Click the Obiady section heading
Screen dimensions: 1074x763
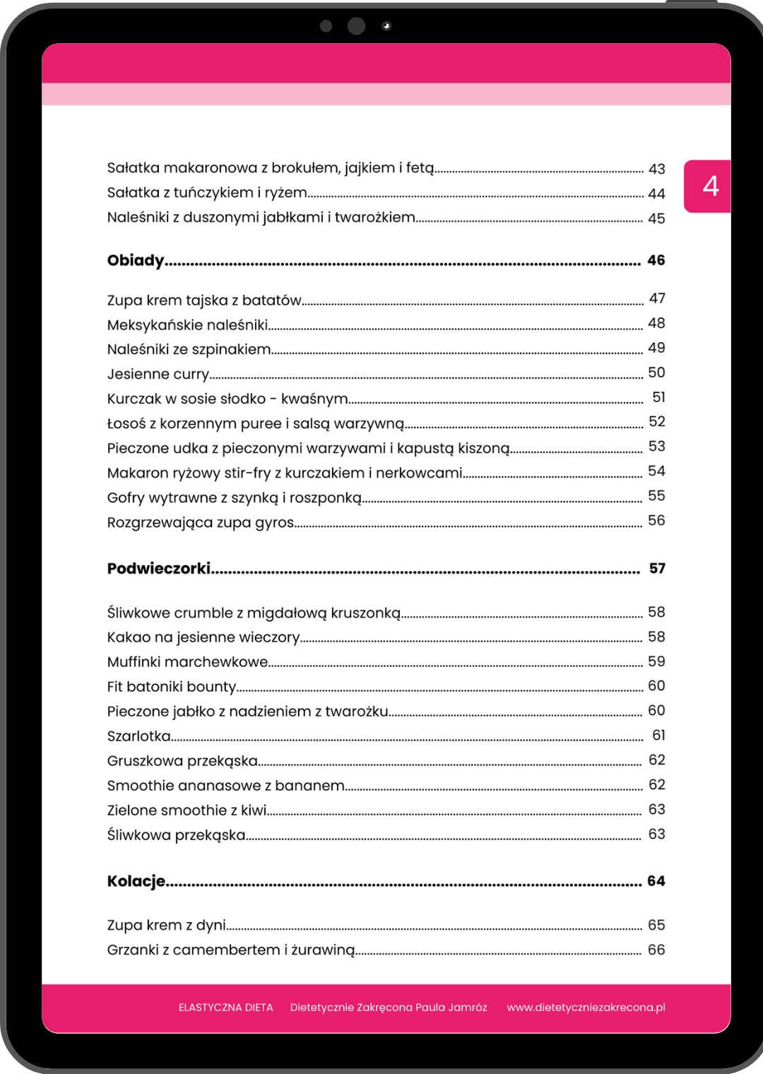136,261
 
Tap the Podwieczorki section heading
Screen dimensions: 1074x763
159,569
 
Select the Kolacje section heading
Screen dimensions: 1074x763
136,881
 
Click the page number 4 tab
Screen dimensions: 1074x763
710,187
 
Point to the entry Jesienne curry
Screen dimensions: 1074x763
158,374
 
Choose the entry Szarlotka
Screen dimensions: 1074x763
139,736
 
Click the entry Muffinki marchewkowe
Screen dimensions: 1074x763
187,662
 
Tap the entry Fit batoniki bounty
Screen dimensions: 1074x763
172,687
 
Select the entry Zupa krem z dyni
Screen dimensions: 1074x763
167,925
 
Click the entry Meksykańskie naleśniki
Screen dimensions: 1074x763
187,325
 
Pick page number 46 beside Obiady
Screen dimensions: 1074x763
656,261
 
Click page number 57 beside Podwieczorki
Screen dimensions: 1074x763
657,569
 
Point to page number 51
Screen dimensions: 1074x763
658,397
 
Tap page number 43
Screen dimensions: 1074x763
656,169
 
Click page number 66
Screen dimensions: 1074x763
656,950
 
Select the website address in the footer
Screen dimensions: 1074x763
586,1008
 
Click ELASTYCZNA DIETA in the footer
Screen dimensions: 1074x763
226,1008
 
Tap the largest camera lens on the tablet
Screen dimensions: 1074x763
357,26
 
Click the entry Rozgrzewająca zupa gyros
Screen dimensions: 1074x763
201,523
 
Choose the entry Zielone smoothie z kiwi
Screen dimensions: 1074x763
187,810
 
